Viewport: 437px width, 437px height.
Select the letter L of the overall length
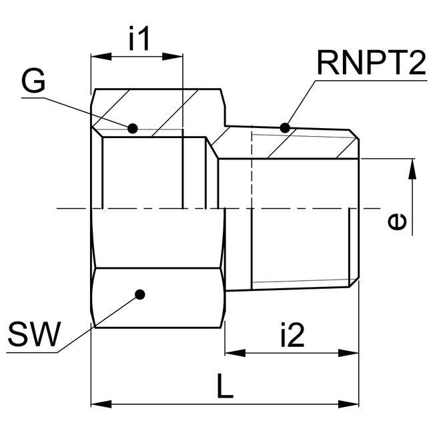[226, 386]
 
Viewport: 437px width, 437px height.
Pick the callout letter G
[33, 81]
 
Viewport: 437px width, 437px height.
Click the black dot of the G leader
[133, 127]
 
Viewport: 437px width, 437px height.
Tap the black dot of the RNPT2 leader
[286, 127]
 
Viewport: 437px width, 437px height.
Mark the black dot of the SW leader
[139, 294]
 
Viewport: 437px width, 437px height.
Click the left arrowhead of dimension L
[97, 404]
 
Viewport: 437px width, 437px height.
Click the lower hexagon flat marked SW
[157, 298]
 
